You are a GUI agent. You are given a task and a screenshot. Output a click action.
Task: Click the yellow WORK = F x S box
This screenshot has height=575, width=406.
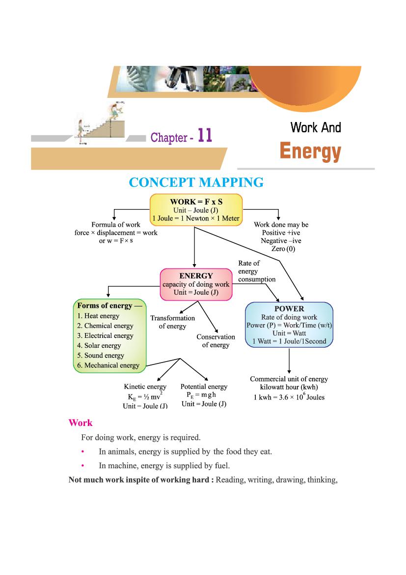point(195,210)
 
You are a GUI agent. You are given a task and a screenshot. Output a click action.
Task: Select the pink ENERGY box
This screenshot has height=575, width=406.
point(196,284)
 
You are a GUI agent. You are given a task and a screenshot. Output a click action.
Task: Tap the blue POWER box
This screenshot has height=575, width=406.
point(289,325)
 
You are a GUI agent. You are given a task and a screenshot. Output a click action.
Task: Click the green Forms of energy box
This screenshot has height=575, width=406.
point(109,335)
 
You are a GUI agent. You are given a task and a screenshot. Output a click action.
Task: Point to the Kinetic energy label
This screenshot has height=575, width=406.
point(145,387)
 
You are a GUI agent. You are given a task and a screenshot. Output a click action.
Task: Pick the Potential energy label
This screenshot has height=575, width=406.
point(204,387)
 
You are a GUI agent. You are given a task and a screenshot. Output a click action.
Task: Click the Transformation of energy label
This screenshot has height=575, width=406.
point(172,322)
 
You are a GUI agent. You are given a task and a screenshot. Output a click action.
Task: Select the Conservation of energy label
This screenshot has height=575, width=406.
point(216,341)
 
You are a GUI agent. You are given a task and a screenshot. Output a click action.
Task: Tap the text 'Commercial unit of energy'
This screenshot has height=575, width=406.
point(289,379)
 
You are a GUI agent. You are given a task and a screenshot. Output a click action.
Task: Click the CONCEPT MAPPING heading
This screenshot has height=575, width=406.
point(196,182)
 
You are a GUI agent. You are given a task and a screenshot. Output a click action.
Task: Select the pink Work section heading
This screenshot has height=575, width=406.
point(81,423)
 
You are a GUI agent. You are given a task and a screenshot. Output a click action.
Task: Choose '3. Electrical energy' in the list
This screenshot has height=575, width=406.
point(105,335)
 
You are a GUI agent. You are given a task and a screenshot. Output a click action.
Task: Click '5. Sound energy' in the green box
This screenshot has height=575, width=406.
point(101,355)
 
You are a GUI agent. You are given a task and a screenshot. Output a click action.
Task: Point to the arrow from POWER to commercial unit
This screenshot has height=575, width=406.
point(289,362)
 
